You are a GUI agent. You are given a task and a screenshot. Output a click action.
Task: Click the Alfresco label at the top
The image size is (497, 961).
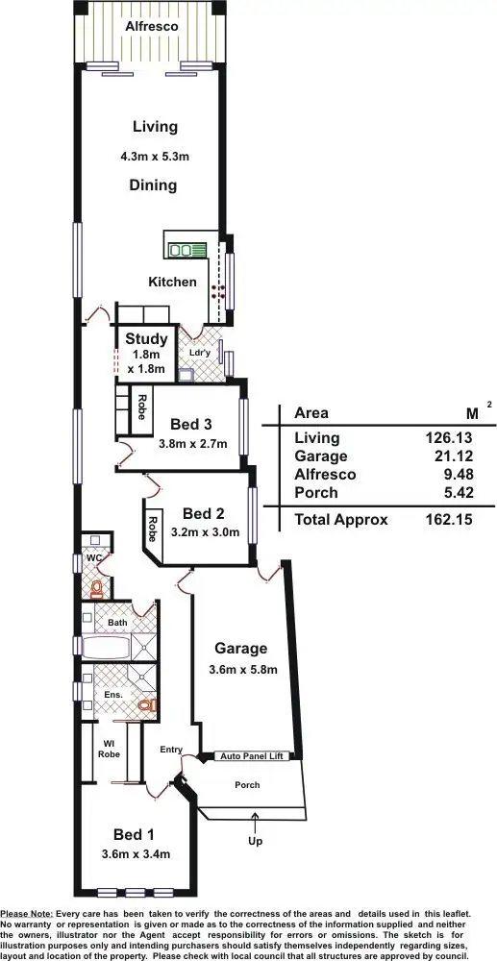(x=153, y=28)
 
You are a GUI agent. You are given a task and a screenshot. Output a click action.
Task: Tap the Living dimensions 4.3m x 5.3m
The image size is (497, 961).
(x=154, y=156)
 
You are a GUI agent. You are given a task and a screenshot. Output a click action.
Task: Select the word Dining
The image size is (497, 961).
(x=154, y=185)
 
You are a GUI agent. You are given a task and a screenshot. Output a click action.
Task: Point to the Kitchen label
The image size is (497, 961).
(x=172, y=283)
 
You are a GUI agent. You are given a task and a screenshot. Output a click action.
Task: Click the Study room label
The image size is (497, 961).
(x=146, y=338)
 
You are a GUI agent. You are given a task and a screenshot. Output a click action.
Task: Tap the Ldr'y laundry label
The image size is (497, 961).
(x=200, y=352)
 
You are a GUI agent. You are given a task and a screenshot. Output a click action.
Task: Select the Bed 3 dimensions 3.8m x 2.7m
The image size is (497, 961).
(x=192, y=445)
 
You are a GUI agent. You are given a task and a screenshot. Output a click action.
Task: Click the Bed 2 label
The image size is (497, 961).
(x=203, y=512)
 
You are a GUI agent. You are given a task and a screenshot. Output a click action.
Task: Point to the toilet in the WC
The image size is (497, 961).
(x=96, y=587)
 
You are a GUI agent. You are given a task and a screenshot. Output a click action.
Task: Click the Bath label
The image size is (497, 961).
(x=117, y=623)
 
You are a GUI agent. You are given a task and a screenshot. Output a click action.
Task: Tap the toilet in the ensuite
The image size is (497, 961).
(x=145, y=705)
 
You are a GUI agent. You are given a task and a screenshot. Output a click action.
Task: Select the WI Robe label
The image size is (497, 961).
(x=109, y=748)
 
